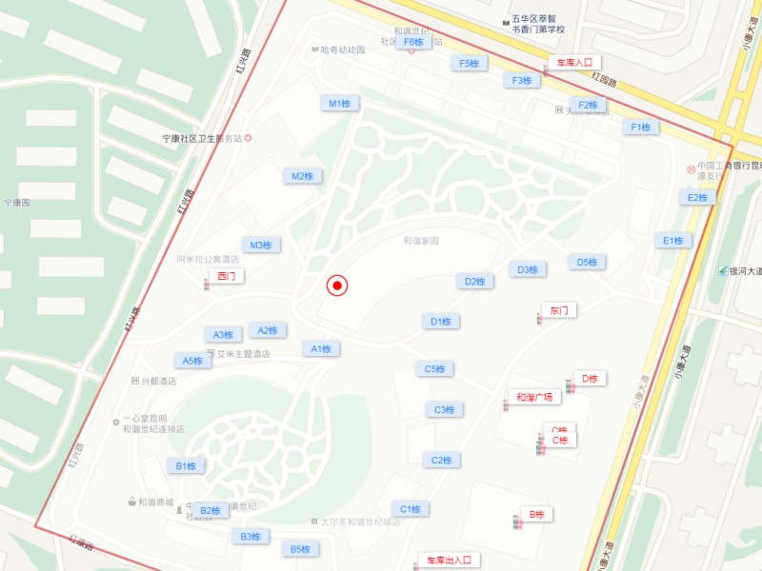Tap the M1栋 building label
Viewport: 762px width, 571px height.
[340, 103]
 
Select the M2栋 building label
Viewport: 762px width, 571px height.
[303, 176]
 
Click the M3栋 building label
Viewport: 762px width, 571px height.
[261, 246]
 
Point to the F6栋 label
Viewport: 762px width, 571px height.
[413, 42]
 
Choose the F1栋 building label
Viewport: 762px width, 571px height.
[641, 127]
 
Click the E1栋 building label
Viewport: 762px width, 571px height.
[674, 241]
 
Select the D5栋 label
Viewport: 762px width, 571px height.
[587, 263]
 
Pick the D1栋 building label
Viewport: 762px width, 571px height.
[440, 322]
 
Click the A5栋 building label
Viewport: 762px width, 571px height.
[193, 361]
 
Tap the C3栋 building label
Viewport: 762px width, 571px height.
[444, 410]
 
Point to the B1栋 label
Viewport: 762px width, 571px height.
[186, 466]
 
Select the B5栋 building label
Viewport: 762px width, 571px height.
[300, 549]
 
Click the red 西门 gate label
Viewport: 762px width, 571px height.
[226, 276]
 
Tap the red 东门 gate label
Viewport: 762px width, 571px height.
[558, 311]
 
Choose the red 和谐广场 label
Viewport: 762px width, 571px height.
[534, 398]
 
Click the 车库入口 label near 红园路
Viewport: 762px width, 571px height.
[574, 63]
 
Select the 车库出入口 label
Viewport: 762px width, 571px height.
[449, 561]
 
